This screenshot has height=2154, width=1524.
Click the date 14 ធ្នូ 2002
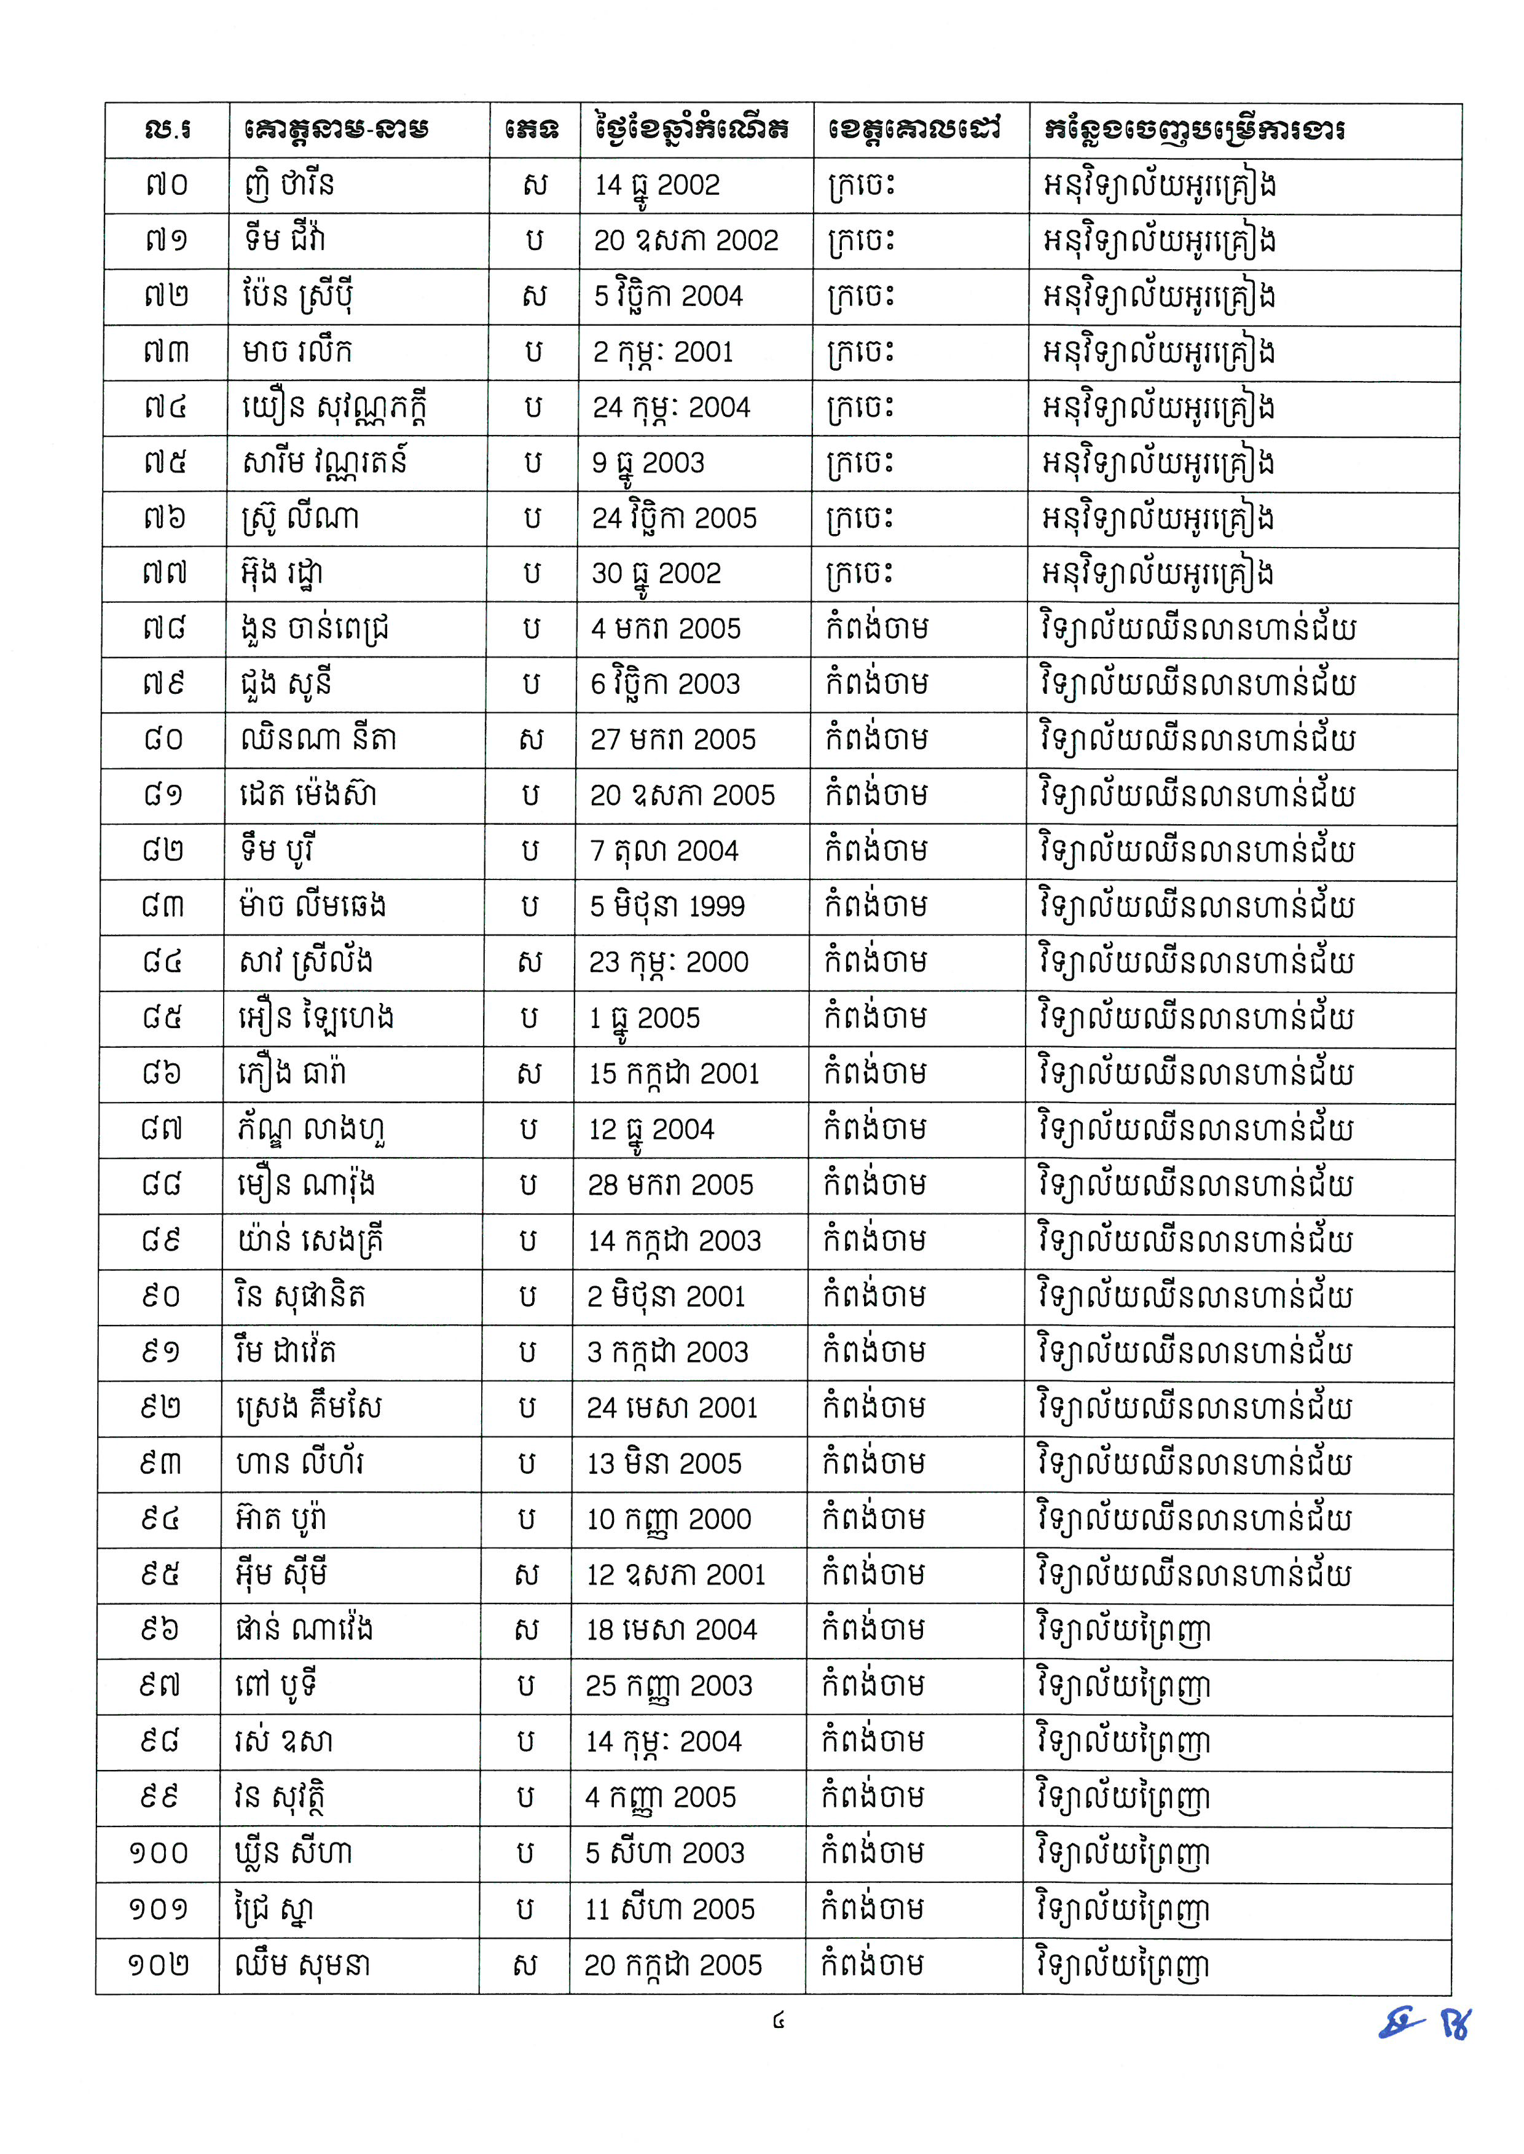(x=657, y=185)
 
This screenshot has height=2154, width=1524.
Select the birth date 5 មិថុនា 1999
(x=667, y=906)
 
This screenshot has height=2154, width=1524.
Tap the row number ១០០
(x=159, y=1853)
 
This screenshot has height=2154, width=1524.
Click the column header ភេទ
(x=532, y=130)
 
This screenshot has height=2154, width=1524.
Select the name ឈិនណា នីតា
(x=317, y=739)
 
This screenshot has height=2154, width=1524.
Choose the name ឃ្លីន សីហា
(x=293, y=1853)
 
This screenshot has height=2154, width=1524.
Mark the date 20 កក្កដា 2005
(x=673, y=1965)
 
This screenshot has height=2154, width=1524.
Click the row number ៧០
(x=167, y=185)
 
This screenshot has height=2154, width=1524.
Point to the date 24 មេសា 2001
(x=672, y=1408)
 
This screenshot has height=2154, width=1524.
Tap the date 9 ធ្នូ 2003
(x=648, y=463)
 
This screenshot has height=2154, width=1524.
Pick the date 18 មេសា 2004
(x=672, y=1630)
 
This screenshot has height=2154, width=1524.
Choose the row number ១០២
(x=159, y=1965)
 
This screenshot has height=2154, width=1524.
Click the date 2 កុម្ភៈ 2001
(x=662, y=352)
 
